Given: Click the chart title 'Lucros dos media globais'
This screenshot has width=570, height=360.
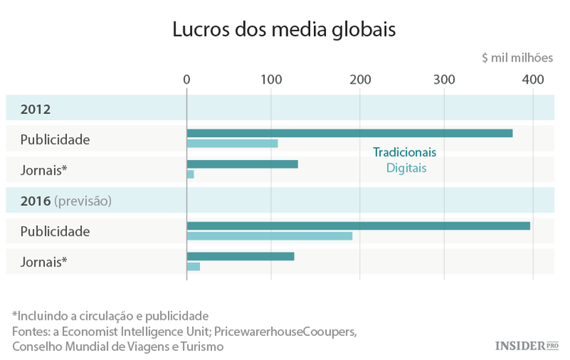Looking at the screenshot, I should pyautogui.click(x=285, y=30).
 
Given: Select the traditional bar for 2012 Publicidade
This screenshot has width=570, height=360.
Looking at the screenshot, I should pyautogui.click(x=350, y=133).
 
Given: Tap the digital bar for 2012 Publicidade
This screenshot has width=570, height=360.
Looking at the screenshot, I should pyautogui.click(x=233, y=144).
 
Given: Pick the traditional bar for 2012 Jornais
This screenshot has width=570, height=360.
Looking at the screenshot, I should pyautogui.click(x=242, y=164).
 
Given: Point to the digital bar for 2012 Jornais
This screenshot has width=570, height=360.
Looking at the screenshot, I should pyautogui.click(x=190, y=175).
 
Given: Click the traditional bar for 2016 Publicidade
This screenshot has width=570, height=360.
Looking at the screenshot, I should pyautogui.click(x=358, y=226).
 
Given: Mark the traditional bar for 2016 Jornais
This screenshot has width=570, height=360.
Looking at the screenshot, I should pyautogui.click(x=240, y=256).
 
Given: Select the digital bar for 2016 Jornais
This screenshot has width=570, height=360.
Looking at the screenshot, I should pyautogui.click(x=193, y=267).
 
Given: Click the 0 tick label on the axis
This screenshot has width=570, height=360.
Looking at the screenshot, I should pyautogui.click(x=187, y=80).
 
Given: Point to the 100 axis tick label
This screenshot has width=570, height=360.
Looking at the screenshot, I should pyautogui.click(x=271, y=80).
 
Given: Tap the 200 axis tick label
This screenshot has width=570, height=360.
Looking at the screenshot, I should pyautogui.click(x=359, y=80).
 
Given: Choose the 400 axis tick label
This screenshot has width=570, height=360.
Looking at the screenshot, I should pyautogui.click(x=533, y=80).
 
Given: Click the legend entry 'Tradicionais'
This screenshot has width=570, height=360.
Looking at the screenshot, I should pyautogui.click(x=404, y=152).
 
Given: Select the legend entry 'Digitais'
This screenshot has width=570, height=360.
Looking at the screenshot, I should pyautogui.click(x=406, y=168).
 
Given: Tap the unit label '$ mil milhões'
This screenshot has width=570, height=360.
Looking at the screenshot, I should pyautogui.click(x=518, y=58).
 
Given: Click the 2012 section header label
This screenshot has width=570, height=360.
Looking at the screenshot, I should pyautogui.click(x=36, y=109).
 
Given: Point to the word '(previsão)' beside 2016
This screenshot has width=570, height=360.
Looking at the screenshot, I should pyautogui.click(x=83, y=201).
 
